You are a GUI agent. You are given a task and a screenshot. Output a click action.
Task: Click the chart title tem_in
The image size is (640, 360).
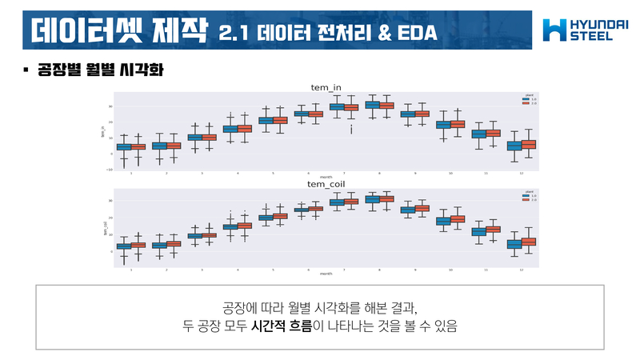point(327,86)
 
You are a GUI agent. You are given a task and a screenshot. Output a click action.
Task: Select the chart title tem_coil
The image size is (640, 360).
point(326,185)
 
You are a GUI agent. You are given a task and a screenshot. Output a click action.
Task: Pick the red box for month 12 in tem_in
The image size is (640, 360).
point(529,145)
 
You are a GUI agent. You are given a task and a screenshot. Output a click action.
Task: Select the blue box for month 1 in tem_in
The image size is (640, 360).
point(124,146)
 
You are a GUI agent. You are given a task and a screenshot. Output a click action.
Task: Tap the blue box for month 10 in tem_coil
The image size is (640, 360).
point(442,220)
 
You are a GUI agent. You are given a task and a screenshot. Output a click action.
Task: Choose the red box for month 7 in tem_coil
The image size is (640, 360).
point(352,202)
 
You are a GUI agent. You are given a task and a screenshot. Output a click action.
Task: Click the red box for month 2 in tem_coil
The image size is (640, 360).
point(174,244)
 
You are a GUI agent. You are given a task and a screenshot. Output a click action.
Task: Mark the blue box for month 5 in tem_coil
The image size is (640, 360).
point(266,218)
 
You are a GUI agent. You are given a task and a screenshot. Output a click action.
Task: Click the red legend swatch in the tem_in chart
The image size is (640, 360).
point(523,103)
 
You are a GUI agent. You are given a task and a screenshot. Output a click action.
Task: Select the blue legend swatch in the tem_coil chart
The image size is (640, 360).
point(523,197)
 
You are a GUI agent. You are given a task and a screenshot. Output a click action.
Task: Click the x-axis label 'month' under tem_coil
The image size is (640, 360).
point(326,274)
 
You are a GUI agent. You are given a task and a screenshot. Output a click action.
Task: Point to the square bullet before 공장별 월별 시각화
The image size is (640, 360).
point(26,70)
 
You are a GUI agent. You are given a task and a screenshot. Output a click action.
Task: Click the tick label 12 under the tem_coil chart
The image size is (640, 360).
point(521,269)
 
